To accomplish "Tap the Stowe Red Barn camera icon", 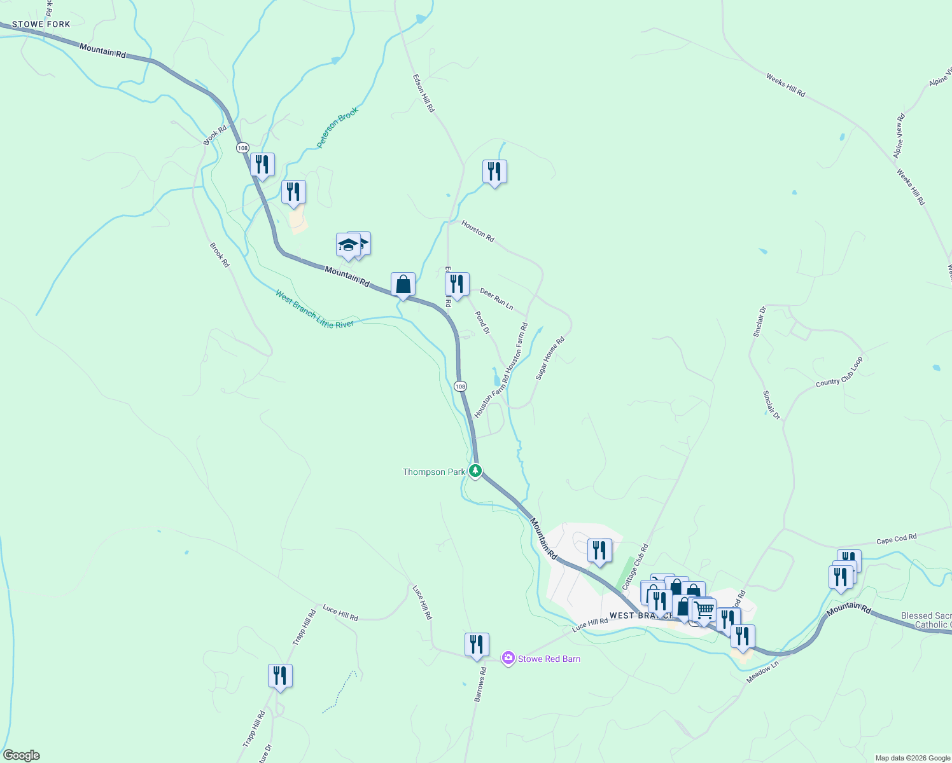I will coord(508,658).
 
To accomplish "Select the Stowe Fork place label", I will coord(41,24).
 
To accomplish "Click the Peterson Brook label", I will coord(338,127).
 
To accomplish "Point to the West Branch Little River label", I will coord(314,309).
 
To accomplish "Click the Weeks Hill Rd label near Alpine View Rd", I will coord(911,187).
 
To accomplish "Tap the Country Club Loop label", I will coord(839,372).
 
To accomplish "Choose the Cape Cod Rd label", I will coord(896,539).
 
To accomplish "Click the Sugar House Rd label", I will coord(550,359).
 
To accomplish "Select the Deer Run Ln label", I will coord(496,299).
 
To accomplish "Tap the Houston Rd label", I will coord(477,231).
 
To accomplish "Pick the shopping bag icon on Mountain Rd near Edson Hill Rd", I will coord(403,285).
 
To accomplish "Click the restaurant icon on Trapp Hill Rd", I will coord(280,676).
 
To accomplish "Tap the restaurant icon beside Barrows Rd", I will coord(477,645).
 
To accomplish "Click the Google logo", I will coord(20,755).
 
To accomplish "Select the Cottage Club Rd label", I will coord(634,566).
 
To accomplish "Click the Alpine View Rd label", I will coord(899,136).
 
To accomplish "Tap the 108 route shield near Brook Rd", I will coord(242,148).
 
